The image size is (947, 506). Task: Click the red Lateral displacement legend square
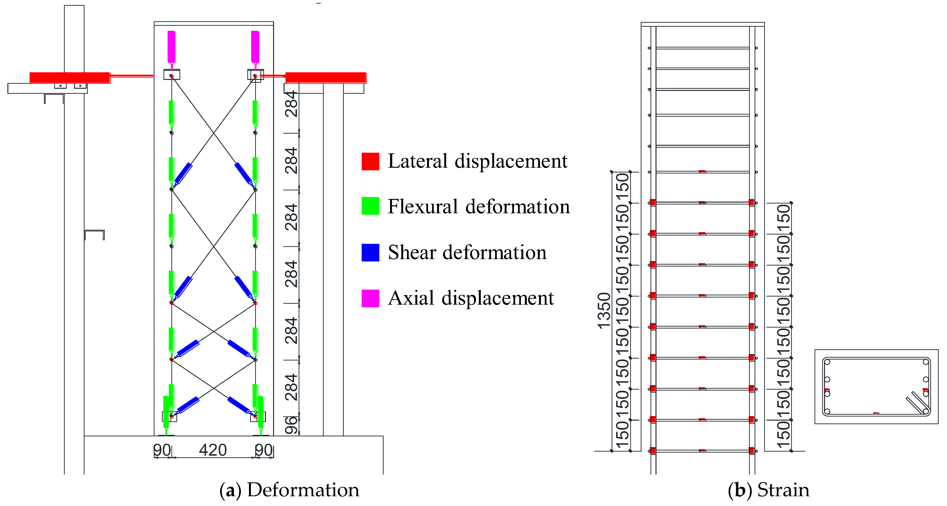(x=370, y=161)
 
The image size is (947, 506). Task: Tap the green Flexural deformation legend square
(x=370, y=206)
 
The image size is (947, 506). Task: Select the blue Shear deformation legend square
(x=370, y=252)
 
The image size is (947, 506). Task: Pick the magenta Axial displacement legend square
(x=370, y=298)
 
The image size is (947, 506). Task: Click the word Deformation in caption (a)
(x=303, y=490)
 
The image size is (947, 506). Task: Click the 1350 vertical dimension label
(x=604, y=311)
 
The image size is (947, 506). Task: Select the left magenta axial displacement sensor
(x=171, y=47)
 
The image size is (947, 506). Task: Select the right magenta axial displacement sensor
(x=255, y=47)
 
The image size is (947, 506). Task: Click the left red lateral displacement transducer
(x=70, y=78)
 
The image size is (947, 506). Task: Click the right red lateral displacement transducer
(x=325, y=78)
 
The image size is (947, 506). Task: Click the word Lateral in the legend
(x=418, y=161)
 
